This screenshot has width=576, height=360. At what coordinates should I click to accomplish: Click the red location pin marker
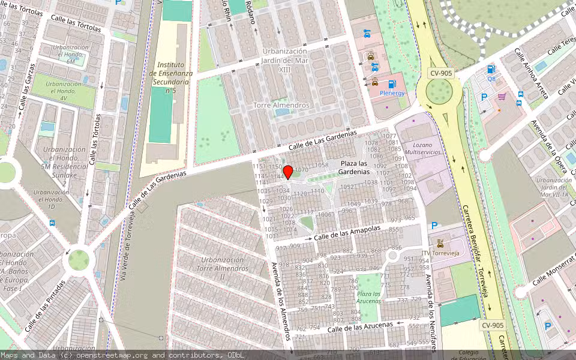point(288,173)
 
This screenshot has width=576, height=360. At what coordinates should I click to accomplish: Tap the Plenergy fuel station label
point(392,93)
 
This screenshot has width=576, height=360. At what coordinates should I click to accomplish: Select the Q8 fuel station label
point(491,79)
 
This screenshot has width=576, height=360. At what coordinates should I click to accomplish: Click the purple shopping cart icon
point(502,96)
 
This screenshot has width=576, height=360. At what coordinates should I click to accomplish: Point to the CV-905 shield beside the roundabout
point(440,73)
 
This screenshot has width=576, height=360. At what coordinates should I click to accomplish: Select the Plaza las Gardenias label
point(353,167)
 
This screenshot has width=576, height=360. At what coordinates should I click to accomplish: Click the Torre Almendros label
point(281,105)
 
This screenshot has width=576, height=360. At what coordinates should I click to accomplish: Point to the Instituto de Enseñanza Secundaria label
point(170,77)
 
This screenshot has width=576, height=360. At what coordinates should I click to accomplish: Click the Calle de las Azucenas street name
point(360,327)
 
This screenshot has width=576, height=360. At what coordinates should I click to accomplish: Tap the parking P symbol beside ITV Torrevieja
point(434,226)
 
